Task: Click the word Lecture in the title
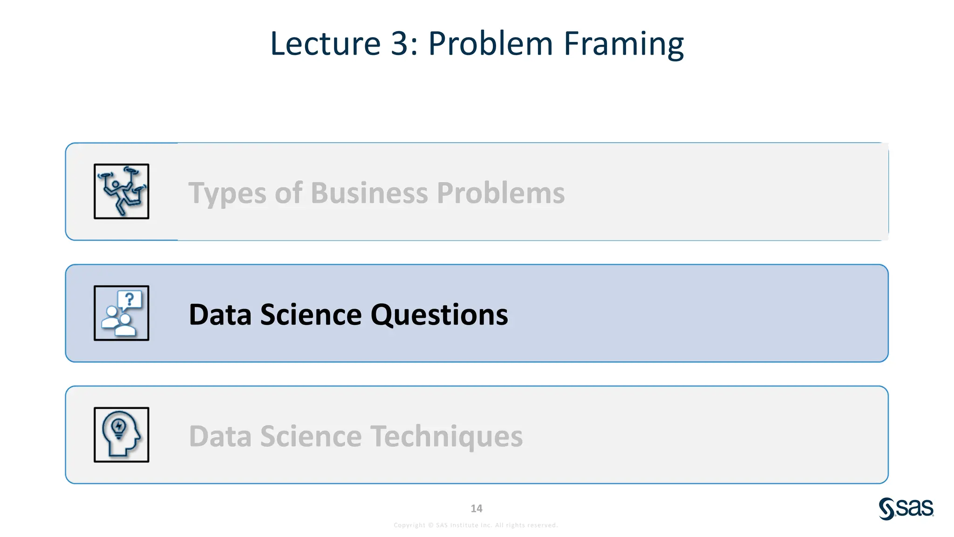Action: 325,44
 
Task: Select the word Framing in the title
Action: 623,44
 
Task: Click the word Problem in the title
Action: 490,44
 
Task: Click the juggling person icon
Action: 121,191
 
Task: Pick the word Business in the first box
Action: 369,193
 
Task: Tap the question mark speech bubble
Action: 129,299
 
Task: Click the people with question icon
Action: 121,313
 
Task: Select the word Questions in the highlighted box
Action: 439,315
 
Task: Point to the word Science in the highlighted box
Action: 311,315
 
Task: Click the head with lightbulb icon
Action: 121,435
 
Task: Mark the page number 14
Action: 477,509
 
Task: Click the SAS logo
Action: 906,509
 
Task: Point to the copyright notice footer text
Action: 476,525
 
